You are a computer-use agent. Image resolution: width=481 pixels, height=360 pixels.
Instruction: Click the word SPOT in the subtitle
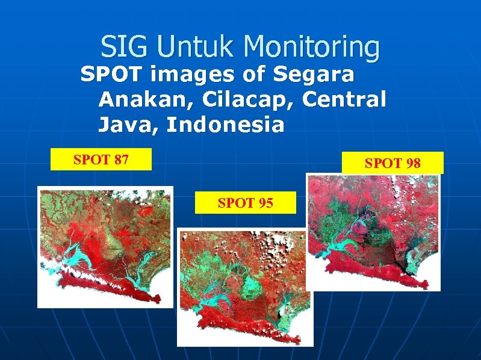tap(112, 75)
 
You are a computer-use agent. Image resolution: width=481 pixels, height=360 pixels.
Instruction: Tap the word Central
tap(344, 99)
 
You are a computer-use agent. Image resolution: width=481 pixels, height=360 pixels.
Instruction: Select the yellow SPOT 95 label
tap(246, 203)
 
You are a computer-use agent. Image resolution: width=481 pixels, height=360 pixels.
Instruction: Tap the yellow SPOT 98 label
tap(393, 163)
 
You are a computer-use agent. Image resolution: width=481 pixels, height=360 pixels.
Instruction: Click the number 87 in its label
tap(120, 160)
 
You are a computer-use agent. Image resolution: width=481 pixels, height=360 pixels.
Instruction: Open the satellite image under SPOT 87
tap(105, 247)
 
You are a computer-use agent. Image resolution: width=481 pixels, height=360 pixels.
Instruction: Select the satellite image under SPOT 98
tap(373, 232)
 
